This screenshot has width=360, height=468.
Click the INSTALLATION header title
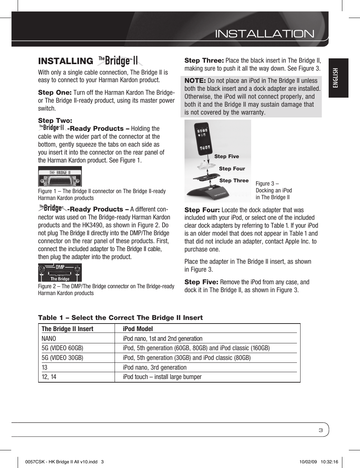265,34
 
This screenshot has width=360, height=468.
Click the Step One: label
55,93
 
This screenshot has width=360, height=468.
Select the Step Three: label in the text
204,61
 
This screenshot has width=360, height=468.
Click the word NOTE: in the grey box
195,81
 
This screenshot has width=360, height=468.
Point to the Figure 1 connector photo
60,176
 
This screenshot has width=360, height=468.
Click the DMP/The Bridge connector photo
60,272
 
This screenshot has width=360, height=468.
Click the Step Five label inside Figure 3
226,156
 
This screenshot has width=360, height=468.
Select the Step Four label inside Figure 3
232,169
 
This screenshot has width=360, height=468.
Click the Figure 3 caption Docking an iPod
274,190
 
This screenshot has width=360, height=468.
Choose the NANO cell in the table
49,338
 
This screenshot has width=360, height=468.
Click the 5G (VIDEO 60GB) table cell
62,348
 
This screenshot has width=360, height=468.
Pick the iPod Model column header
138,329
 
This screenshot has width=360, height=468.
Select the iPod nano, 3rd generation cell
155,367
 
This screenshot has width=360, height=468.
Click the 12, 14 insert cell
49,377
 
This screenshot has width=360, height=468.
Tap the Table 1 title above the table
120,317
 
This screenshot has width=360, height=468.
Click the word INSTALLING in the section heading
66,61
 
